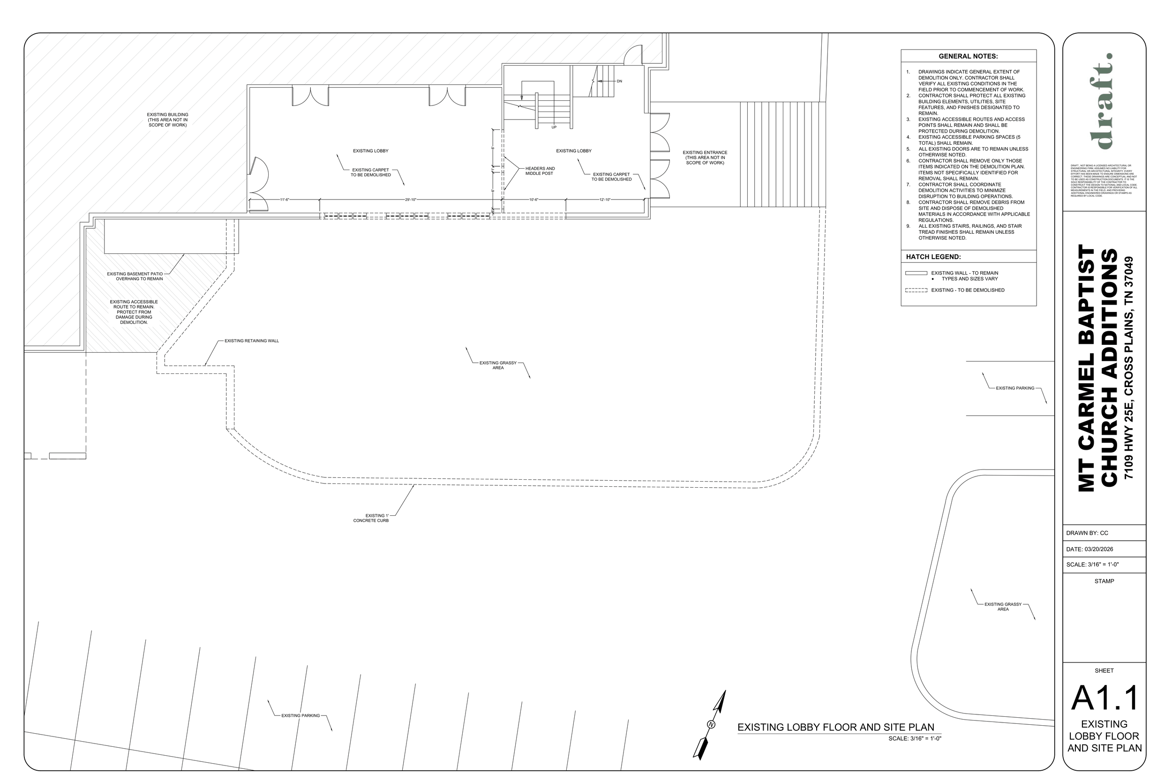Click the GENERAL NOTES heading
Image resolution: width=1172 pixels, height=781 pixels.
[968, 56]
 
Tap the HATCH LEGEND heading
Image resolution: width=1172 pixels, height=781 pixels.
[933, 257]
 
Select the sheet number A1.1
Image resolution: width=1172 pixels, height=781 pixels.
[1104, 699]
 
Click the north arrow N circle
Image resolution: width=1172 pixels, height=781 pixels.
[711, 724]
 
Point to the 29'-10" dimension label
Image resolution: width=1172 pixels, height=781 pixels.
[410, 200]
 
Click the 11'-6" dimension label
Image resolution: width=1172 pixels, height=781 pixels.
[284, 200]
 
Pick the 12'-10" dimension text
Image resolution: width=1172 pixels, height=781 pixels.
[604, 200]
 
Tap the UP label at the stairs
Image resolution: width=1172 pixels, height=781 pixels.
[554, 127]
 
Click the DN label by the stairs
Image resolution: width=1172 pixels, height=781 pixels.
[619, 81]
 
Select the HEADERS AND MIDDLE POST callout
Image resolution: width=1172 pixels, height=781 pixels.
[540, 171]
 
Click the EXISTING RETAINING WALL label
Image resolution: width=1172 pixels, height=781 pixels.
[252, 341]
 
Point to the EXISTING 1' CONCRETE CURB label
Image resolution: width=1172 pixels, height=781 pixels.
[371, 518]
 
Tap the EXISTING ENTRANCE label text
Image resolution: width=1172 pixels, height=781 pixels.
[705, 157]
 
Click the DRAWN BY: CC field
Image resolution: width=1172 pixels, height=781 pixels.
[1087, 533]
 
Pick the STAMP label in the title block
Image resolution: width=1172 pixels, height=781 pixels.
[1104, 581]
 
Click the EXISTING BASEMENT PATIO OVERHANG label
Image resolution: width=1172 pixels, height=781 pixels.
[135, 276]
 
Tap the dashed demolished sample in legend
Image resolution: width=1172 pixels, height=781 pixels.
[916, 290]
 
